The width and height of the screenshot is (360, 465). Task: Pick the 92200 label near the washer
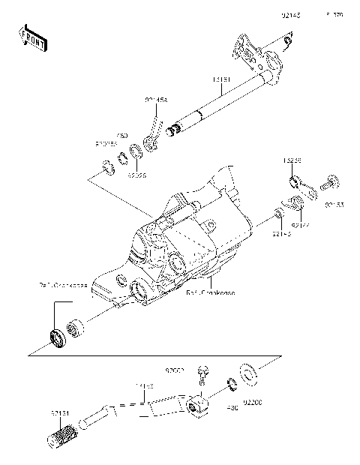pos(250,410)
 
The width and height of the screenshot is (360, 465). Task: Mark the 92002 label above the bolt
pos(175,370)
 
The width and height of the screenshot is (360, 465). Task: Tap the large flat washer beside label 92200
pos(247,371)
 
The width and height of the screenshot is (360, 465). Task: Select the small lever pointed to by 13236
pos(293,180)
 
